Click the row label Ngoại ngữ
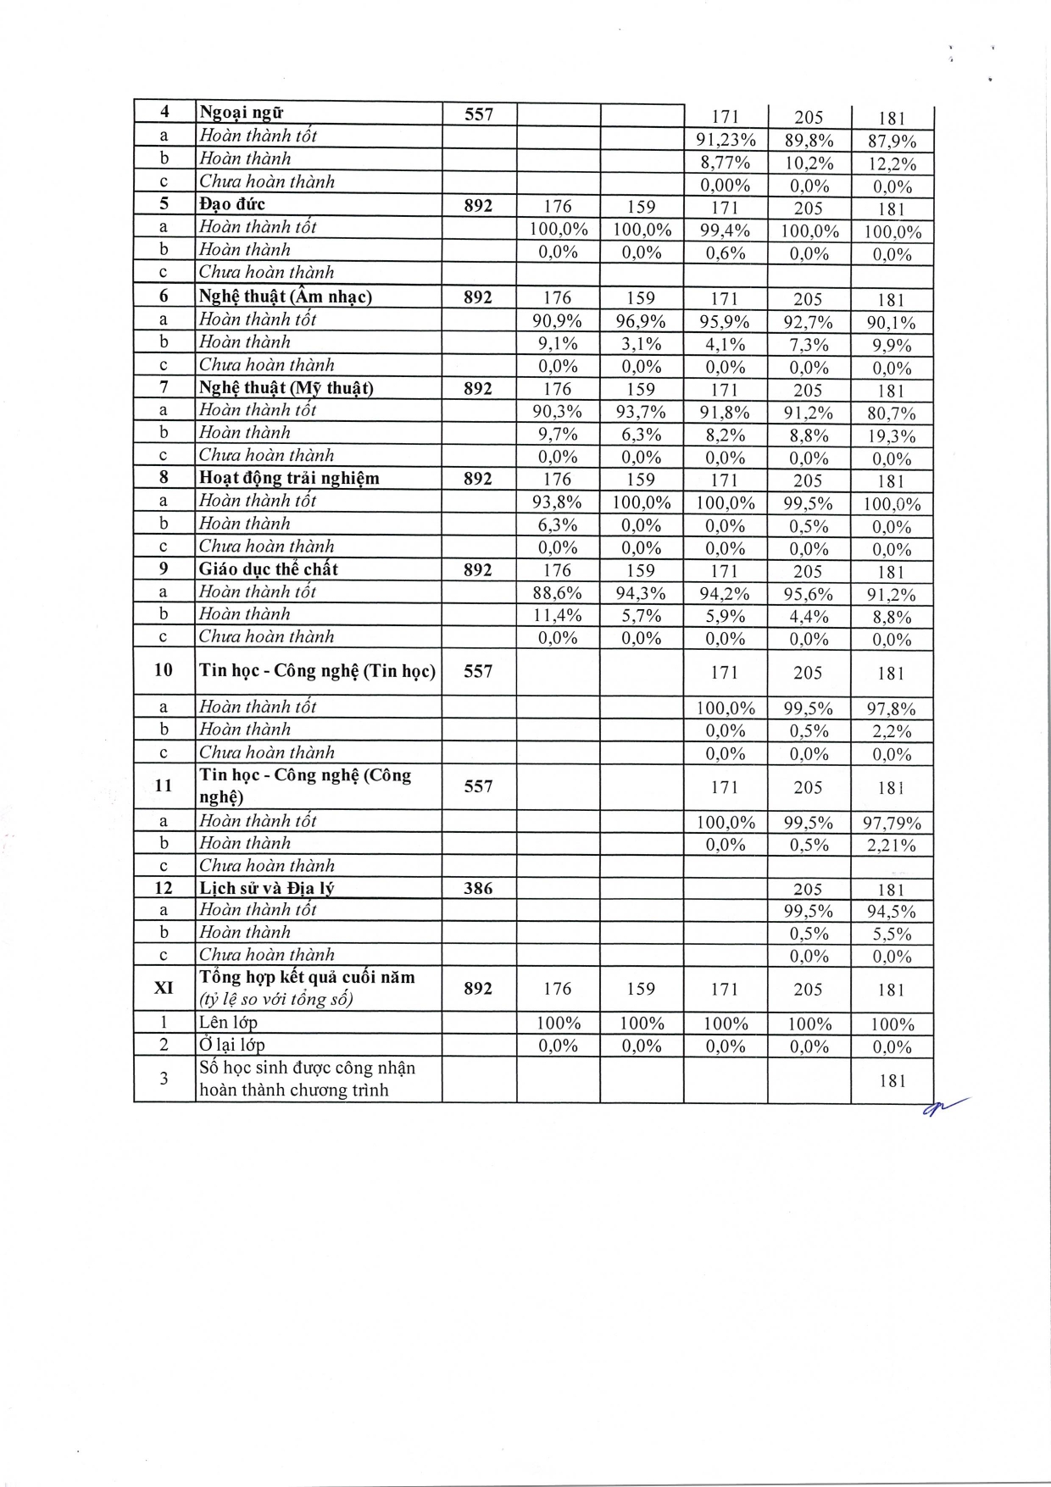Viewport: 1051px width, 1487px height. pos(241,113)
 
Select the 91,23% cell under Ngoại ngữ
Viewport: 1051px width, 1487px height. pos(726,141)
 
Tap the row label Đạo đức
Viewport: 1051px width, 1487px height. pos(232,204)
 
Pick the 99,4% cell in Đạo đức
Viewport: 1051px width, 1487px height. pos(725,230)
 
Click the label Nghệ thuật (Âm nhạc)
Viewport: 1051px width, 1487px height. pos(286,297)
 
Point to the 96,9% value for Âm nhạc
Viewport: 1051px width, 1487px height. pos(641,321)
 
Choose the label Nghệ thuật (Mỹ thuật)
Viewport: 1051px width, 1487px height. pos(286,388)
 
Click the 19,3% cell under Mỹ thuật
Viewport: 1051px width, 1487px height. pos(892,436)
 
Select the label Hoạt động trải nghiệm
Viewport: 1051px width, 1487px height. pos(289,479)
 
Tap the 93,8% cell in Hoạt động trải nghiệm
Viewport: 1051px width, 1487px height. pos(557,502)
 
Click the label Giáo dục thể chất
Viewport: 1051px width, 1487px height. pos(269,569)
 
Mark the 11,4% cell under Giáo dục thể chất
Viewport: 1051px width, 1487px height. pos(557,616)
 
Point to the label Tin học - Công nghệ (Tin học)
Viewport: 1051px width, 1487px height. pos(317,671)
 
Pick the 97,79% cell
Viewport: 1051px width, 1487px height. pos(892,823)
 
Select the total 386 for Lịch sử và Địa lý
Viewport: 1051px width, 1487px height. pos(478,888)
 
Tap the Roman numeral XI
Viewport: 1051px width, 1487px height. pos(164,988)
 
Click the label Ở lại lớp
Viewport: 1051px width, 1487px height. pos(231,1046)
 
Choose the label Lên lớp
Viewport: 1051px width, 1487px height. pos(228,1023)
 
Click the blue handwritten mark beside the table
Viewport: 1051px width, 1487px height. pos(943,1106)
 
